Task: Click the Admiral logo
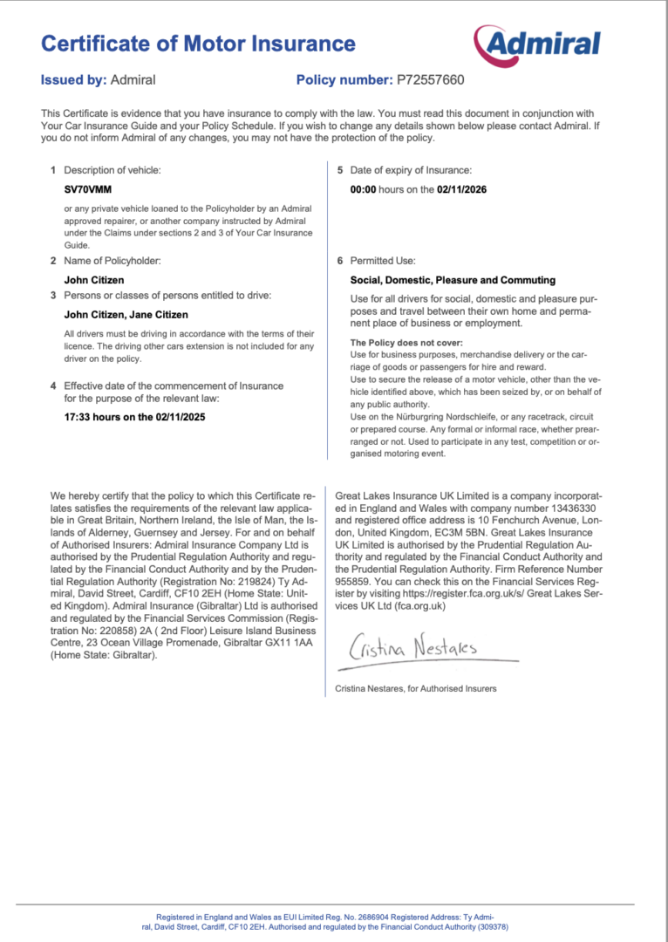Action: click(537, 44)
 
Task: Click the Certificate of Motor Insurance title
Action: click(198, 44)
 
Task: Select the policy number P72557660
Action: click(431, 80)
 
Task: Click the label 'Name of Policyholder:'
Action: click(112, 261)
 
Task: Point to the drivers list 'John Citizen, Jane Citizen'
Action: click(126, 315)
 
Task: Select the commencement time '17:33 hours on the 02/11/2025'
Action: click(135, 417)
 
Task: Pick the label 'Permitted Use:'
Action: click(383, 261)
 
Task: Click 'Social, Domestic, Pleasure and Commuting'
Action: click(453, 280)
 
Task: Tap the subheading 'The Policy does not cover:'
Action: click(406, 343)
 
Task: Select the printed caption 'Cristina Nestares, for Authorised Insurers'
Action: click(416, 688)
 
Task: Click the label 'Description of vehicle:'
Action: click(112, 170)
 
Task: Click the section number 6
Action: click(340, 261)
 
